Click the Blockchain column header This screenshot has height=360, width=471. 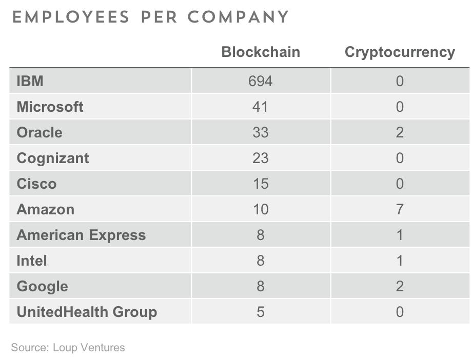[x=261, y=52]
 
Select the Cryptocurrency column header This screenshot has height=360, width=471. [x=400, y=52]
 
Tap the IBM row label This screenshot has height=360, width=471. [x=30, y=81]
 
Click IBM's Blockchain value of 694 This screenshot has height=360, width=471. [x=261, y=81]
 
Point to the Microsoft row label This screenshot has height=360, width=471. [x=50, y=107]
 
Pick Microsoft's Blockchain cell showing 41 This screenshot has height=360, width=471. [x=260, y=107]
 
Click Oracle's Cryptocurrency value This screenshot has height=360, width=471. [x=400, y=132]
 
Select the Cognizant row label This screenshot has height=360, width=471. [x=53, y=158]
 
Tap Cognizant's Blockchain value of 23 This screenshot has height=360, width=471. [x=261, y=158]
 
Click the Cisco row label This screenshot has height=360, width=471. [x=36, y=184]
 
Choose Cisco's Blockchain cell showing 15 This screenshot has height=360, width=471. [x=261, y=184]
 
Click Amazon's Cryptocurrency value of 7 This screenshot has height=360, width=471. [x=400, y=210]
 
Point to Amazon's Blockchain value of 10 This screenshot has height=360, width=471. [x=261, y=210]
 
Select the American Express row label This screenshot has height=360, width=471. [x=81, y=235]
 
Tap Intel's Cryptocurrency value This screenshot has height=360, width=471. [x=400, y=261]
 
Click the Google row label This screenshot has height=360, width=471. [x=43, y=287]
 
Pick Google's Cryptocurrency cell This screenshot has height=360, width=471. [x=400, y=287]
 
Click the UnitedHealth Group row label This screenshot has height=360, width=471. [x=87, y=312]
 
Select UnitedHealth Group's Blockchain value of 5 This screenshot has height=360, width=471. [x=261, y=312]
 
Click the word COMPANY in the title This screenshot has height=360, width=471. [x=238, y=17]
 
